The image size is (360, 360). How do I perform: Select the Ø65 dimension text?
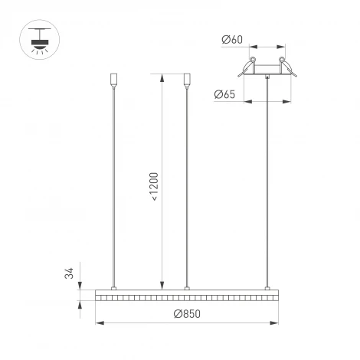click(x=224, y=94)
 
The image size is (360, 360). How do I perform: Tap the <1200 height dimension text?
click(x=154, y=186)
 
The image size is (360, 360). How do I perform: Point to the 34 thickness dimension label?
click(x=69, y=273)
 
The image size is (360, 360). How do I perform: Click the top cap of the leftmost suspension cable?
click(x=113, y=80)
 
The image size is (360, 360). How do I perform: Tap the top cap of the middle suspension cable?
click(x=188, y=80)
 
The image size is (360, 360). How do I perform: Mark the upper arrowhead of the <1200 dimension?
click(x=162, y=77)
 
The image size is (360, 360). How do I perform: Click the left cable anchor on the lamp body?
click(x=113, y=289)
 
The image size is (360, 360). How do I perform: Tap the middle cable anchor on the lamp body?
click(x=188, y=289)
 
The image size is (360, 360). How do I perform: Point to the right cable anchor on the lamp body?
click(x=267, y=289)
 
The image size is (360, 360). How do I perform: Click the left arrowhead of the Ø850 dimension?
click(x=97, y=321)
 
